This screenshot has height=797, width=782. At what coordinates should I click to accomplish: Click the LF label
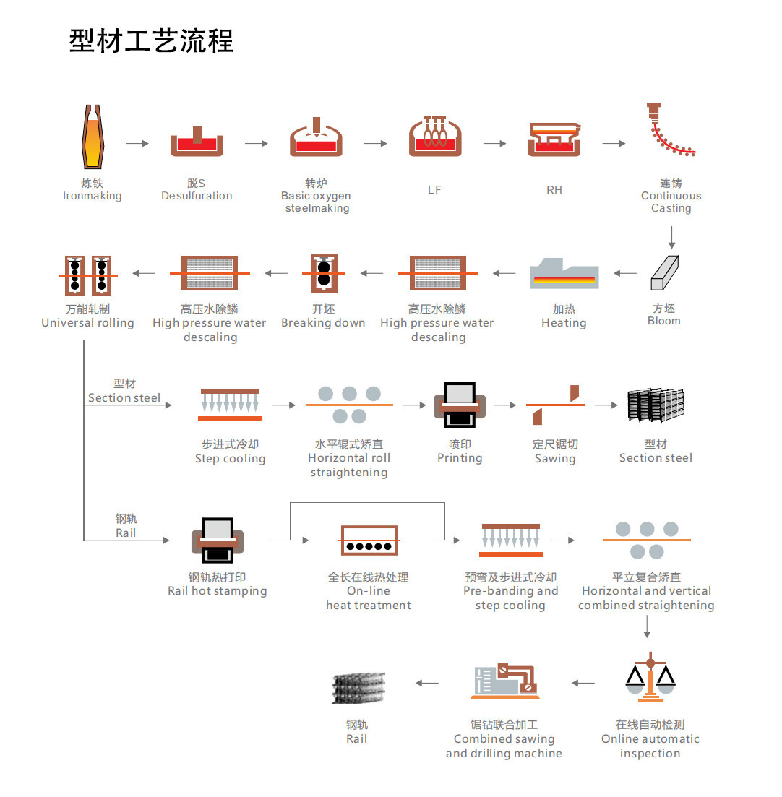click(434, 190)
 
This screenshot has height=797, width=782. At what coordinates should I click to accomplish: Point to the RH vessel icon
click(554, 139)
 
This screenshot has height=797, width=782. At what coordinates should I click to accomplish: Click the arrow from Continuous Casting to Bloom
click(671, 238)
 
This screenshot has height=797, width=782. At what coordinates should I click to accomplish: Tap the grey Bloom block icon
click(666, 273)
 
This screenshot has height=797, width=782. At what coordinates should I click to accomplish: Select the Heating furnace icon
click(564, 274)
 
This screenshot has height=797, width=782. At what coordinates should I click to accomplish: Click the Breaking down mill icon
click(323, 273)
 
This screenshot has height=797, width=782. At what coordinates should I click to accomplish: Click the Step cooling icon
click(230, 405)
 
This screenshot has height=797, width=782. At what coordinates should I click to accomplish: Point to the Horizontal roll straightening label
click(349, 458)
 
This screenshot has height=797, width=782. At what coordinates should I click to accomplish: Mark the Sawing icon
click(555, 405)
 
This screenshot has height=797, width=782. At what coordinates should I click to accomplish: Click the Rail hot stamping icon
click(218, 540)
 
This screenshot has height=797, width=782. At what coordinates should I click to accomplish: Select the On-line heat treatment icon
click(369, 540)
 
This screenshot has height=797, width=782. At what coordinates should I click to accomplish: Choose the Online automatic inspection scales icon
click(650, 678)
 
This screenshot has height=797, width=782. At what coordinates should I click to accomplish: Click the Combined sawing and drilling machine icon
click(504, 681)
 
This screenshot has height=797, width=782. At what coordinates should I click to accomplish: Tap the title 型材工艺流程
click(151, 40)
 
